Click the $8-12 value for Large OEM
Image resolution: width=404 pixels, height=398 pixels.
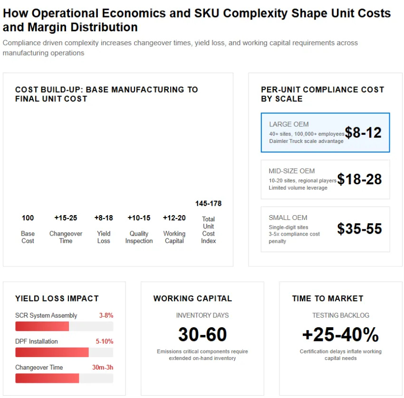(363, 133)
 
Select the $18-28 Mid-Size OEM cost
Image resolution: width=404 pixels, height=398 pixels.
(359, 179)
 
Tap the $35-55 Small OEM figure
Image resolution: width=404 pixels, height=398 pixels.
(359, 229)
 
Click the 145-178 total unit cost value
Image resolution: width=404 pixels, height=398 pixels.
(208, 203)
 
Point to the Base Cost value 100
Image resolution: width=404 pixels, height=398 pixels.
(28, 218)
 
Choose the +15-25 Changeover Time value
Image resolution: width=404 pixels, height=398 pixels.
(66, 218)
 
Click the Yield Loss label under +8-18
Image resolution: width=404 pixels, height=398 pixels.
(104, 237)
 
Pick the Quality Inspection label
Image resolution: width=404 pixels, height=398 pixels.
(139, 237)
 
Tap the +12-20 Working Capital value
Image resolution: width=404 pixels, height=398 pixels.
(174, 218)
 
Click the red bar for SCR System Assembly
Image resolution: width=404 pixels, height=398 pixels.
(42, 326)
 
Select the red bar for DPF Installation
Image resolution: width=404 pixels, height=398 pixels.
(52, 352)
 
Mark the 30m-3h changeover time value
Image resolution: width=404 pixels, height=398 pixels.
(103, 367)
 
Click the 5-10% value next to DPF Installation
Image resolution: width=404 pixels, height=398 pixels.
(105, 341)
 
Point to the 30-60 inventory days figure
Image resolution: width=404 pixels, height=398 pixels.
(202, 334)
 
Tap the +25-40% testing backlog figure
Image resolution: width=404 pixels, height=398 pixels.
(340, 334)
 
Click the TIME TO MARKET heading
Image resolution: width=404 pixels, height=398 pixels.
(327, 298)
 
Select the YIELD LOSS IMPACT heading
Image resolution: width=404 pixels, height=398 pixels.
(57, 298)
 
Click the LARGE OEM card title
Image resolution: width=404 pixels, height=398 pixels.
(289, 124)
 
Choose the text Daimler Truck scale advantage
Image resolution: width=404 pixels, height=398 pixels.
(306, 141)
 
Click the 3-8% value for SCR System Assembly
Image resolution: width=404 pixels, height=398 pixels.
(106, 315)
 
